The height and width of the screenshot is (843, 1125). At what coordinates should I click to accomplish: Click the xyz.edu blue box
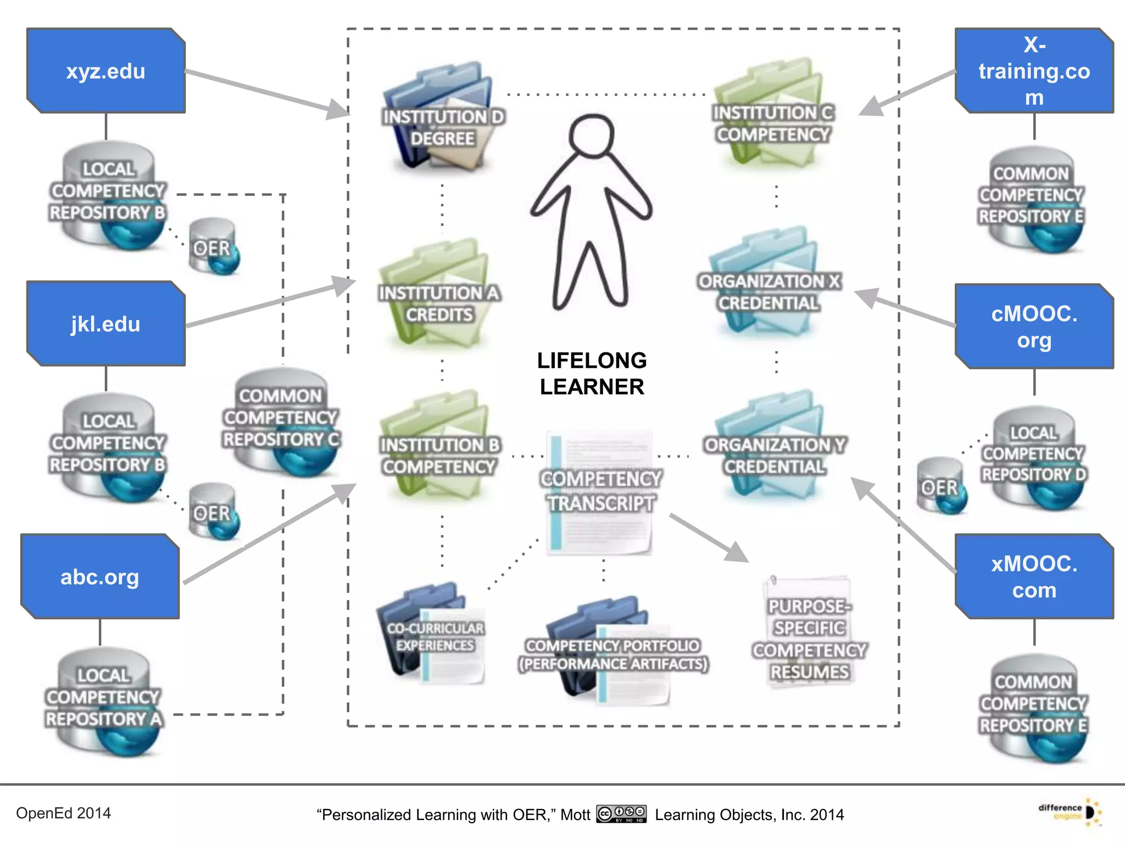point(105,71)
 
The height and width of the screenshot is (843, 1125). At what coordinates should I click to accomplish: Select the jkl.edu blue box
point(105,324)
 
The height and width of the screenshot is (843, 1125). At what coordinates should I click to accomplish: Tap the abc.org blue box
point(100,576)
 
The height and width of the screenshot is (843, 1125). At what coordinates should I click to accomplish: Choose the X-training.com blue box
point(1034,71)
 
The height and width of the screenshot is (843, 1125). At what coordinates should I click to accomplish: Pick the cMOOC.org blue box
point(1034,327)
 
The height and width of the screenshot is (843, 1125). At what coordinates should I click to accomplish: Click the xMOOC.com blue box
point(1034,576)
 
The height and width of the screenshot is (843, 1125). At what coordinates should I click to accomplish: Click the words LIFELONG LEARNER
point(592,374)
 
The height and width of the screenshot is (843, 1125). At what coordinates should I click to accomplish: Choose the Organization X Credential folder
point(769,285)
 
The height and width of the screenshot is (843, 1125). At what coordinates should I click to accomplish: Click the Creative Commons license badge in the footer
point(621,813)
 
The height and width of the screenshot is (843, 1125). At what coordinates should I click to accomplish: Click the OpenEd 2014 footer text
point(63,813)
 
